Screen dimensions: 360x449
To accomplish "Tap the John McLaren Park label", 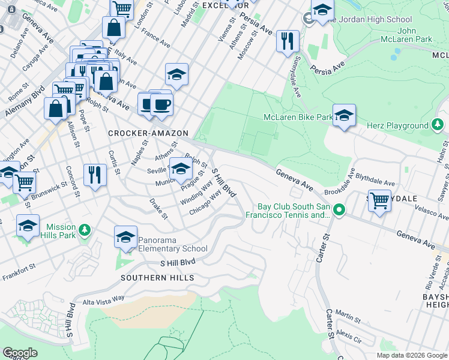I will [x=406, y=35].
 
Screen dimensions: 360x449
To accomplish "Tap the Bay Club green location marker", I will [x=339, y=210].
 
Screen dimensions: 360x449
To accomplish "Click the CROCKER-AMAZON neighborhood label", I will [x=148, y=133].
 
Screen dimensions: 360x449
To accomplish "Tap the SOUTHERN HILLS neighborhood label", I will [x=157, y=278].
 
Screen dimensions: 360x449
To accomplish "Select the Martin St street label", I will [x=347, y=313].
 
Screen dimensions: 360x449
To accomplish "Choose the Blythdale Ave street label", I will [x=376, y=184].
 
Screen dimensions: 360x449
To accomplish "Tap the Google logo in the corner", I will [x=20, y=353].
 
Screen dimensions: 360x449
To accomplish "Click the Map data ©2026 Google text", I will [x=412, y=355].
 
